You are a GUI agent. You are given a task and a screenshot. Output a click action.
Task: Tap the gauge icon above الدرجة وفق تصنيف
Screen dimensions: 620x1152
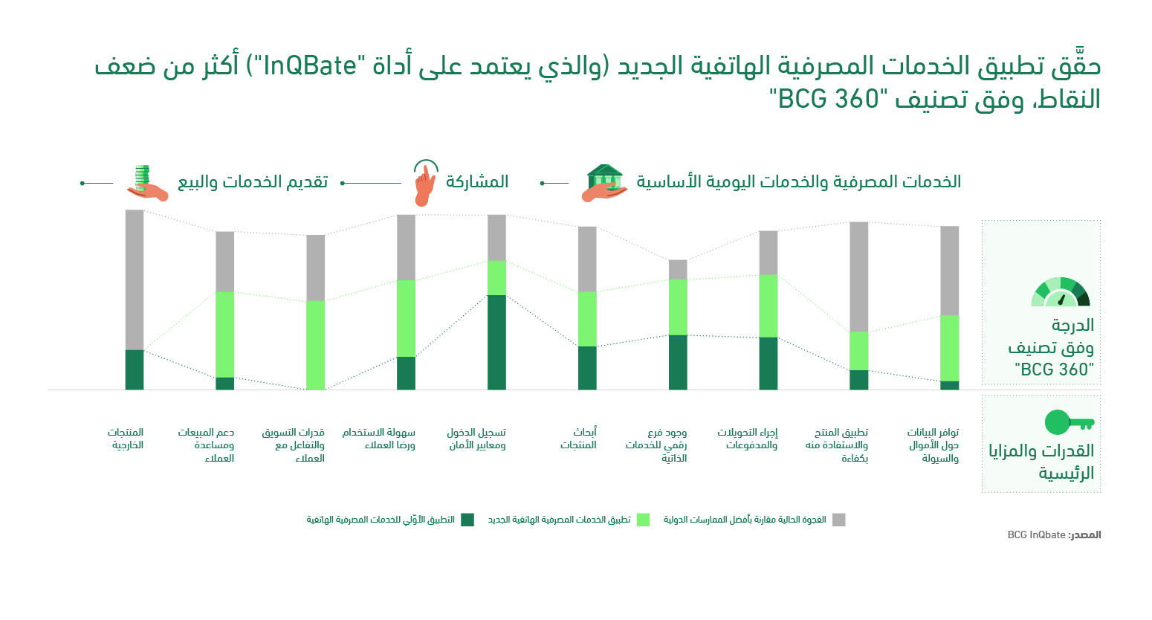pyautogui.click(x=1061, y=292)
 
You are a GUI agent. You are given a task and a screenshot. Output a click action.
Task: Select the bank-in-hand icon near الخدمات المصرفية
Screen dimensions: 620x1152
pyautogui.click(x=605, y=183)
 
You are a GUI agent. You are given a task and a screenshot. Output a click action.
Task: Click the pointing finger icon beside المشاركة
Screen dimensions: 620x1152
pyautogui.click(x=424, y=183)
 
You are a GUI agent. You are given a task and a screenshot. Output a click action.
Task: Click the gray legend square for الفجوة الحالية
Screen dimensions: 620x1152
pyautogui.click(x=838, y=520)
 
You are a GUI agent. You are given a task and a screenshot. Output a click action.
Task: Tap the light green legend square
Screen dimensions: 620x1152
pyautogui.click(x=643, y=520)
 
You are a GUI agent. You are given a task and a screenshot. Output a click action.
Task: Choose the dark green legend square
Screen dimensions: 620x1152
pyautogui.click(x=467, y=520)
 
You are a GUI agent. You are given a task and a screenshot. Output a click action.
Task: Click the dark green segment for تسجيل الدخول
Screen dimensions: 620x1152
pyautogui.click(x=496, y=342)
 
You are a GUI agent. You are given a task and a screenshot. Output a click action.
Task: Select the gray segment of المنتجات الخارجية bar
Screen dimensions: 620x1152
pyautogui.click(x=135, y=280)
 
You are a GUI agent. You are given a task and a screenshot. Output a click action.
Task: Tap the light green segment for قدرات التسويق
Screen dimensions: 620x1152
pyautogui.click(x=316, y=344)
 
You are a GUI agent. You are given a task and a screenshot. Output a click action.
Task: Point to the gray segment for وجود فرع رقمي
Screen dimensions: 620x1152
pyautogui.click(x=678, y=269)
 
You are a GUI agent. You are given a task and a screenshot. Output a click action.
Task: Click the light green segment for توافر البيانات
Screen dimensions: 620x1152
pyautogui.click(x=950, y=348)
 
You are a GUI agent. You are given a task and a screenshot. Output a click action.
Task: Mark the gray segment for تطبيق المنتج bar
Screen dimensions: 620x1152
pyautogui.click(x=859, y=277)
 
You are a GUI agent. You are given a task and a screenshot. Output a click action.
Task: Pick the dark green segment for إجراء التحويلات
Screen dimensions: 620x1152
pyautogui.click(x=768, y=363)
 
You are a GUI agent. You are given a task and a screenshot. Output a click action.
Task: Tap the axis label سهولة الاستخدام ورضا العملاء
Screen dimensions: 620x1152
pyautogui.click(x=379, y=439)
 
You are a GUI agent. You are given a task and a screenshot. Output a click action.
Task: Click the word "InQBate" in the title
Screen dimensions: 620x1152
pyautogui.click(x=311, y=66)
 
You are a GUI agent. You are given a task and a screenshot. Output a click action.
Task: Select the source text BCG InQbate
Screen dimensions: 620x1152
pyautogui.click(x=1036, y=535)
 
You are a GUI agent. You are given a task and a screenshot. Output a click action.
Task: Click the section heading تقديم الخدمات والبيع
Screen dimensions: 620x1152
pyautogui.click(x=253, y=182)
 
